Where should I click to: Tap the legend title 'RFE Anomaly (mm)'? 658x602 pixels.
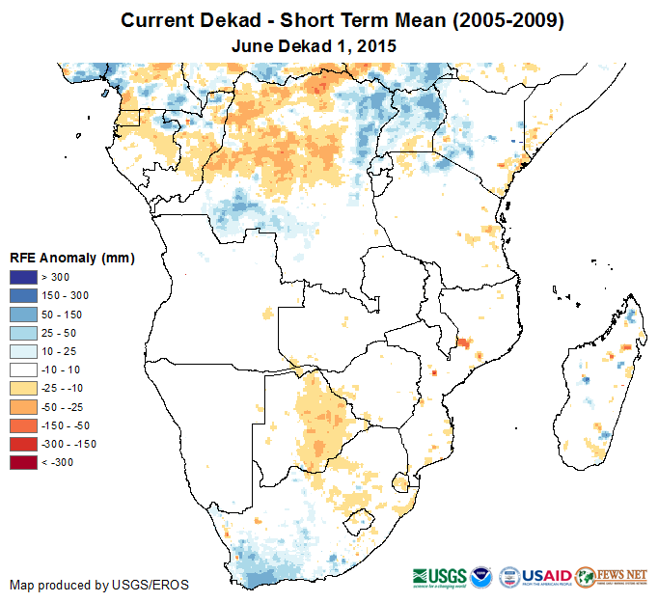click(x=71, y=258)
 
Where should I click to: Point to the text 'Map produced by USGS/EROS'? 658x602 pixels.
click(x=98, y=585)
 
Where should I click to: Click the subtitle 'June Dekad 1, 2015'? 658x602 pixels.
click(x=315, y=45)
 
